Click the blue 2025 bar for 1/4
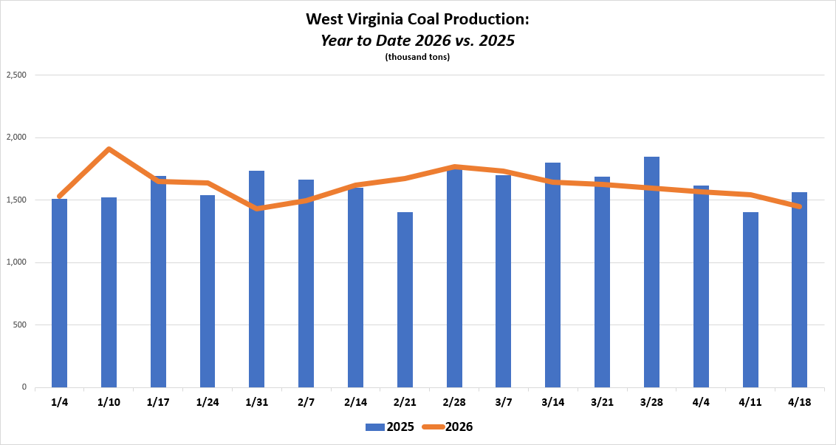click(x=59, y=293)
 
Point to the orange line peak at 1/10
click(x=109, y=149)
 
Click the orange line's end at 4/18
click(x=799, y=206)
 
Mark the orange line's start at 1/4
click(x=59, y=196)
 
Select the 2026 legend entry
click(x=448, y=427)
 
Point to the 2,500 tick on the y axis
click(x=16, y=75)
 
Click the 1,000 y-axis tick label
click(x=16, y=262)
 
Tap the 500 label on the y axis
click(x=19, y=325)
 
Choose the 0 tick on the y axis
click(x=24, y=387)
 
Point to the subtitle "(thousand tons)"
click(x=417, y=57)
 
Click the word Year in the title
click(x=336, y=40)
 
